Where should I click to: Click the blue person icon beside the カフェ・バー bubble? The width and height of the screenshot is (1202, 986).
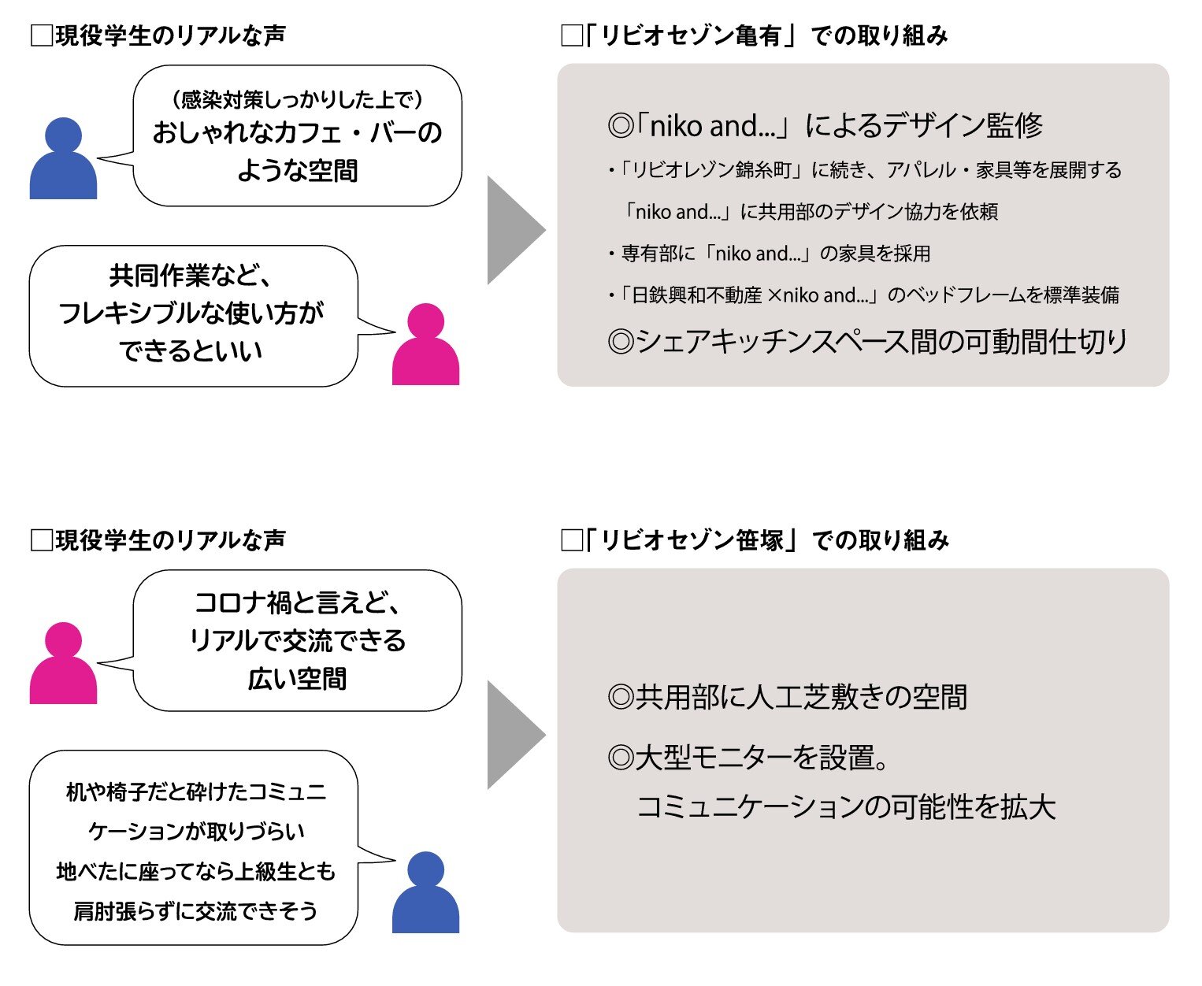coord(63,159)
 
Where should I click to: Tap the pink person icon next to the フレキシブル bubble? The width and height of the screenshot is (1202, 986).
coord(425,345)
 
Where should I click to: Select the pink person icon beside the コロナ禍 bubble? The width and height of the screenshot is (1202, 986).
coord(63,664)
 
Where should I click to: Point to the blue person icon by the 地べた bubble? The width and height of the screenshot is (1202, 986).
coord(425,893)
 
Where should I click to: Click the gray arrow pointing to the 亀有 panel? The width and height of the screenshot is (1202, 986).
coord(514,230)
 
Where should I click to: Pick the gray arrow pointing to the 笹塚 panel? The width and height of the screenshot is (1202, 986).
coord(514,735)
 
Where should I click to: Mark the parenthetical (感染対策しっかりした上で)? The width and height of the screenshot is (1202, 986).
coord(297,99)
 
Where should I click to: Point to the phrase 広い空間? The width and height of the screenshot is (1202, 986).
coord(297,679)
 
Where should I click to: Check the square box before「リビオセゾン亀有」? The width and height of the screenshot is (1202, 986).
coord(571,36)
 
